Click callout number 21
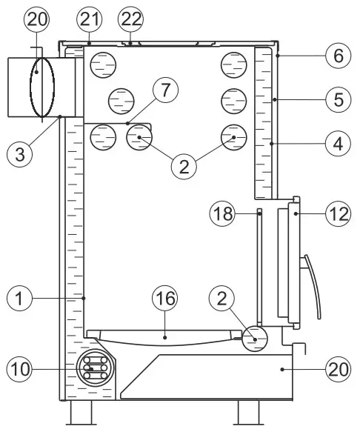[x=90, y=19]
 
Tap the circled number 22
[x=131, y=19]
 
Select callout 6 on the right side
[x=339, y=56]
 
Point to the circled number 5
[x=339, y=99]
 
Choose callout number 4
[x=339, y=144]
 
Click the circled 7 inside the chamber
[x=165, y=90]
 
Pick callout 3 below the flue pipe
[x=20, y=154]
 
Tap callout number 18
[x=222, y=213]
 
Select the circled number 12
[x=339, y=214]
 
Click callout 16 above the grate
[x=165, y=298]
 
